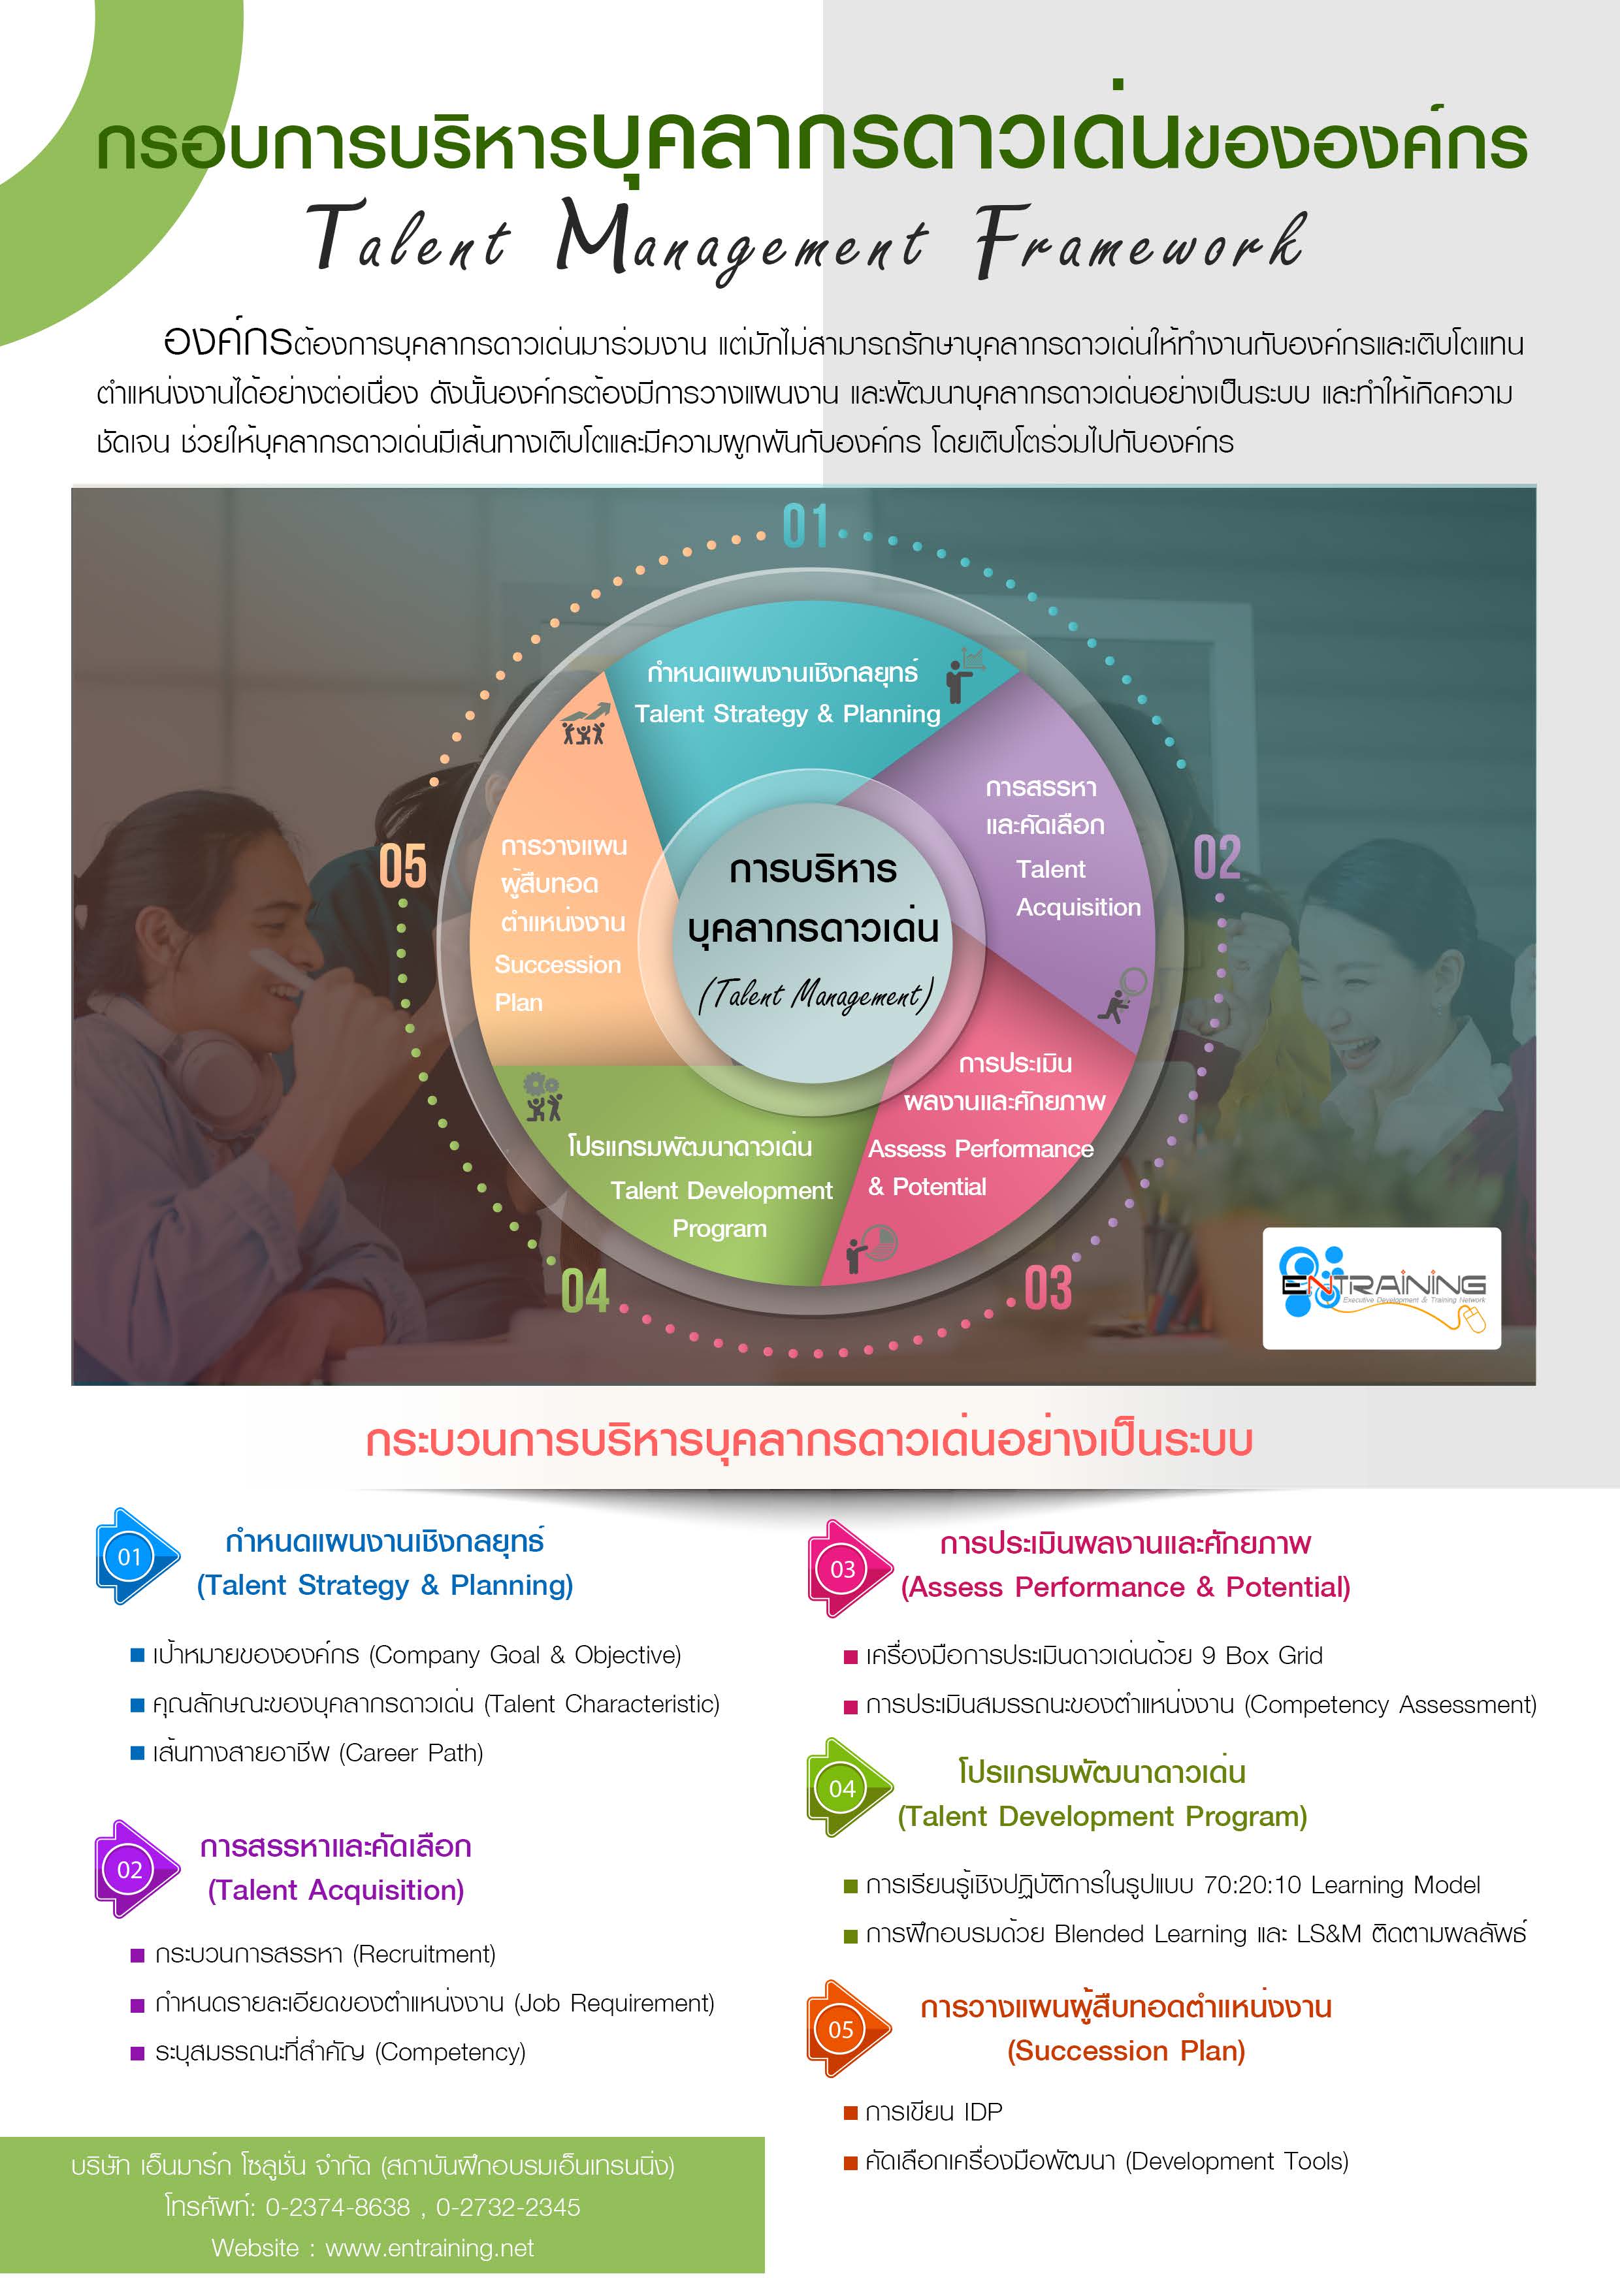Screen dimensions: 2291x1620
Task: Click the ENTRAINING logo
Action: click(x=1382, y=1288)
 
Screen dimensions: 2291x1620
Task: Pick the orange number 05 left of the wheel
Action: click(x=402, y=865)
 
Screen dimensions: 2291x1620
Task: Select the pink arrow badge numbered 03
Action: click(x=847, y=1569)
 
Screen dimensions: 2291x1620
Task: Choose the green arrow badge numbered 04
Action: click(x=847, y=1788)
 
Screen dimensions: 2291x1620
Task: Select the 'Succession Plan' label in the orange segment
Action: click(x=557, y=983)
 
